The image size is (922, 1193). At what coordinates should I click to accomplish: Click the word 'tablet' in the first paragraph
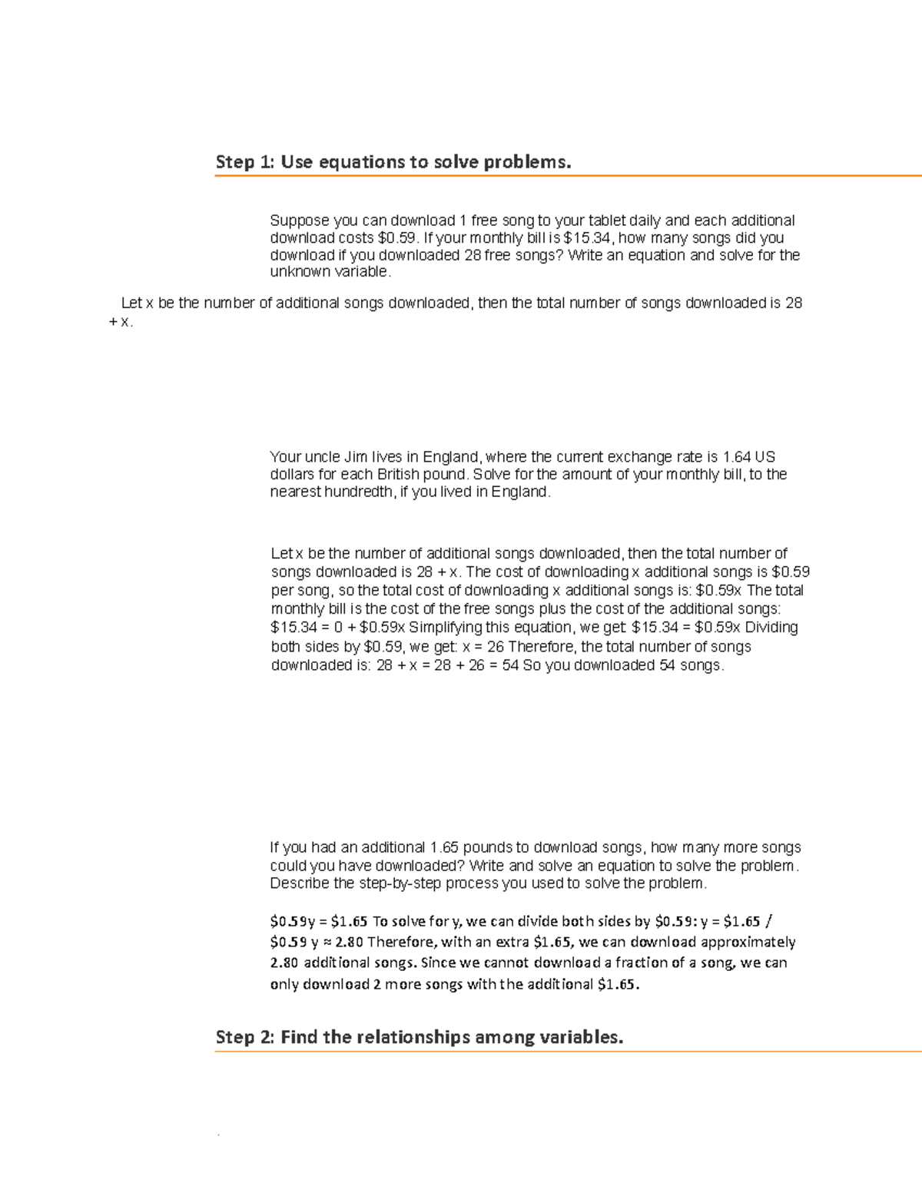pos(607,220)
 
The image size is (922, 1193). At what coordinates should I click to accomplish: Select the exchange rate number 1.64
pos(738,457)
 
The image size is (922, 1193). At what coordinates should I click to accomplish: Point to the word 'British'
pos(400,475)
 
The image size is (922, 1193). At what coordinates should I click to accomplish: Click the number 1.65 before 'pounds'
pos(444,848)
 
